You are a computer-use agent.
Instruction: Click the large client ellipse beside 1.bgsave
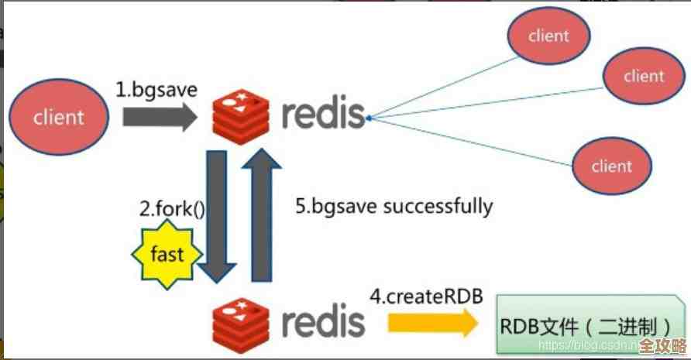click(x=58, y=118)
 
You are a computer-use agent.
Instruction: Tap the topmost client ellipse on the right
click(x=549, y=36)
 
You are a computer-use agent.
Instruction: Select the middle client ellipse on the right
click(x=644, y=76)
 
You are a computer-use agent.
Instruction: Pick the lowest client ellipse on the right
click(x=612, y=166)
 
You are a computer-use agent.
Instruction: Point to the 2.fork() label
click(x=171, y=209)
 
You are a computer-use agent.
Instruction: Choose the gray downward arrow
click(x=217, y=217)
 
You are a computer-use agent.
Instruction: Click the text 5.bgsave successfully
click(x=394, y=206)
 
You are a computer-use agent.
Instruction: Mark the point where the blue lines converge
click(x=370, y=118)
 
